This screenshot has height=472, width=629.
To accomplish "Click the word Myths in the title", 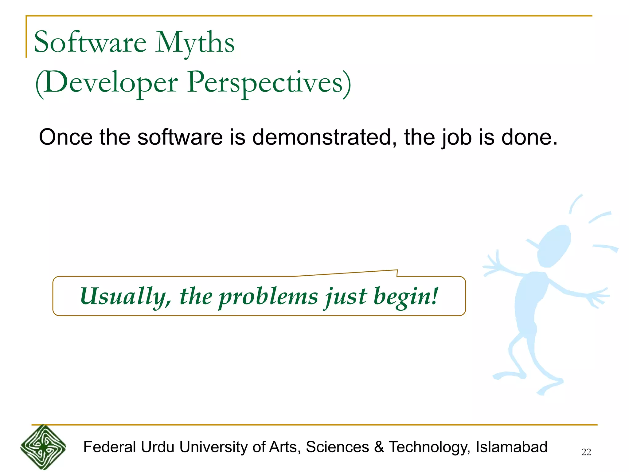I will pyautogui.click(x=195, y=43).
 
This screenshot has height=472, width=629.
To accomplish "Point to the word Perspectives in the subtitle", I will pyautogui.click(x=265, y=82).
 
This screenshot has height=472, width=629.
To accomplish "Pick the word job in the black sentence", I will pyautogui.click(x=456, y=138).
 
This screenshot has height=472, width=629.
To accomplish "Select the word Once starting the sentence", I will pyautogui.click(x=65, y=137).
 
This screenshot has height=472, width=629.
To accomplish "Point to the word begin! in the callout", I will pyautogui.click(x=405, y=297).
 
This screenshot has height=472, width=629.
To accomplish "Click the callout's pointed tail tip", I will pyautogui.click(x=397, y=270).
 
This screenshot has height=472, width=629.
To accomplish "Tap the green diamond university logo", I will pyautogui.click(x=43, y=447).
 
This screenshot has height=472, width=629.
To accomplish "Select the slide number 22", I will pyautogui.click(x=586, y=452).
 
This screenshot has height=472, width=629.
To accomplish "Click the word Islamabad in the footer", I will pyautogui.click(x=511, y=447).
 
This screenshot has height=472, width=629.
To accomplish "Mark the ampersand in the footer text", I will pyautogui.click(x=379, y=447).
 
